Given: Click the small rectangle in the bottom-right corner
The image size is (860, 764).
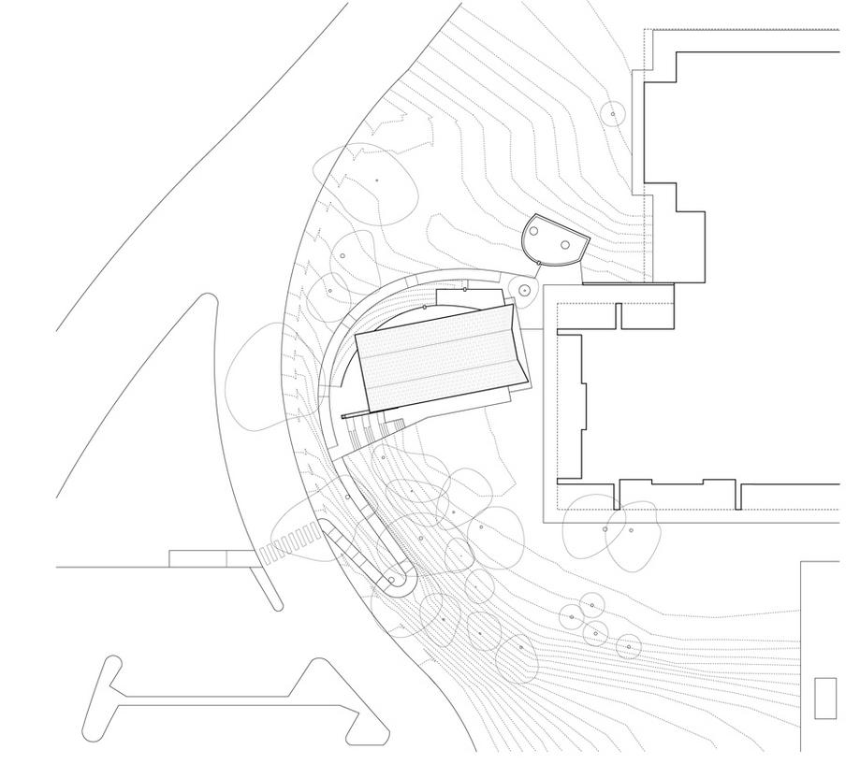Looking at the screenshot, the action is [824, 698].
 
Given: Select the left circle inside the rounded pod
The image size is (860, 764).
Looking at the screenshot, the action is [534, 231].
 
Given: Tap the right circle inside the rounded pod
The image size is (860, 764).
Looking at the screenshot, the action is [565, 244].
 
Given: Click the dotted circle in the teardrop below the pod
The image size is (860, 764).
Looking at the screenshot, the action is [524, 290].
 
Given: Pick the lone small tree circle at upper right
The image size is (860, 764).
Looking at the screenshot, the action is [613, 114].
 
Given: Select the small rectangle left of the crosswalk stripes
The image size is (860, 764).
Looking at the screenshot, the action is [198, 558].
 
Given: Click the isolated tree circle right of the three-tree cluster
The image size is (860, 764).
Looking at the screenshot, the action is [628, 645].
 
